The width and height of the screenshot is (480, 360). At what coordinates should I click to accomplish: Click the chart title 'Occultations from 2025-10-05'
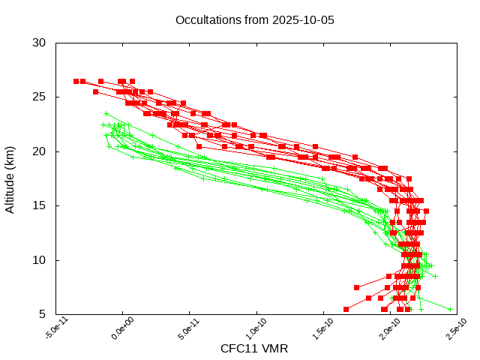255,19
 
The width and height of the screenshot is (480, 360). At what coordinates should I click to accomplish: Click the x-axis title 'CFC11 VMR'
254,349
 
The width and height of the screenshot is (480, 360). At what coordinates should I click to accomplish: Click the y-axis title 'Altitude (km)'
10,178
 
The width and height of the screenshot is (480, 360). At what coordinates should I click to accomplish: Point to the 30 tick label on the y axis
40,43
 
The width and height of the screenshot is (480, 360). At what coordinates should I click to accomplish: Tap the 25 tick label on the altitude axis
40,97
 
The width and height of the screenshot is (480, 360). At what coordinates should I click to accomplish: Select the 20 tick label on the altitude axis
40,151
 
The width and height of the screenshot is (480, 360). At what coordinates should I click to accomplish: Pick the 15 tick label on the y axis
40,205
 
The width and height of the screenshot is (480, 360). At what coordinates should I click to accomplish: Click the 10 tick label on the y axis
40,260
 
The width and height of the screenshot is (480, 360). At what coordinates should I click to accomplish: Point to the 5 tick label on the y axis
43,314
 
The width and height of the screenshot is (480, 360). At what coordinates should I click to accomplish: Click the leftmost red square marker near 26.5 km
76,81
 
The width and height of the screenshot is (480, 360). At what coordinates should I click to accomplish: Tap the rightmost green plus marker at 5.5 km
450,309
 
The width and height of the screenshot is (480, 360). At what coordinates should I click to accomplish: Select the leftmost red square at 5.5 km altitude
346,309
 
